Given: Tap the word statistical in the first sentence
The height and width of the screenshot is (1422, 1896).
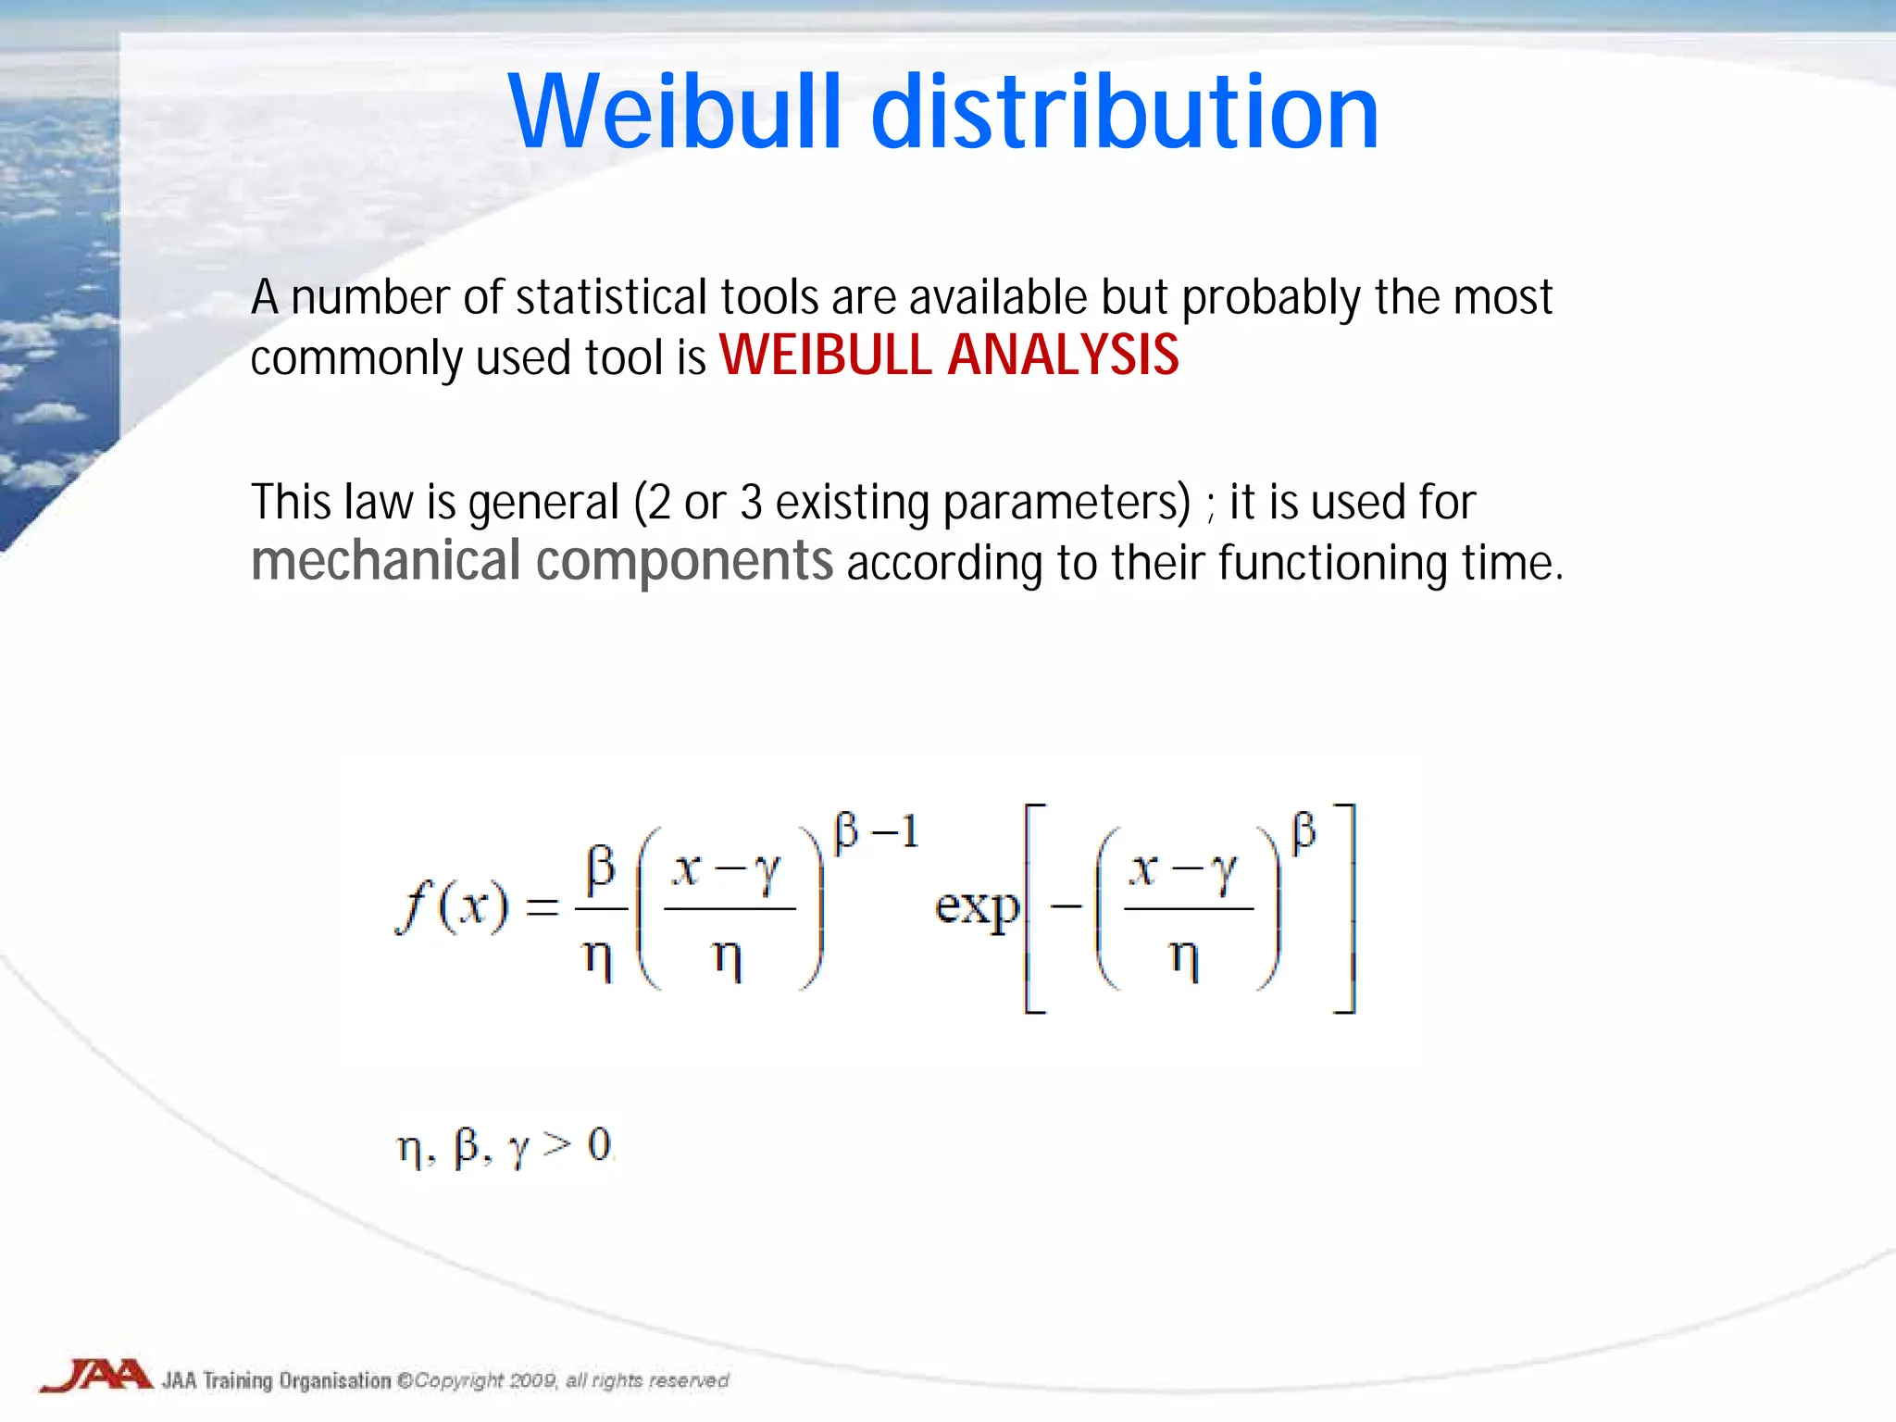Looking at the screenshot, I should click(612, 298).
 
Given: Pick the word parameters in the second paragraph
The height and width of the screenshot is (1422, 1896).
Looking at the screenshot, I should click(1065, 504).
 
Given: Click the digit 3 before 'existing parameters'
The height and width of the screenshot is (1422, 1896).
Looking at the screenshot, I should click(751, 503).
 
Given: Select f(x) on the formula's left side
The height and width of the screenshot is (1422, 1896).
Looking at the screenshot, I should click(452, 907).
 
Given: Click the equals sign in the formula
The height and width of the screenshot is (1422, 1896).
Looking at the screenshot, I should click(543, 907).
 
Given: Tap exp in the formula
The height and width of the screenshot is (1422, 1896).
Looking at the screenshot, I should click(976, 907).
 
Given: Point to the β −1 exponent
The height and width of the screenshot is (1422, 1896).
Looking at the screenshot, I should click(875, 830).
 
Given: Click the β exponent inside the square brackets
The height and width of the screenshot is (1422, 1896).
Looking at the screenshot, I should click(1303, 830).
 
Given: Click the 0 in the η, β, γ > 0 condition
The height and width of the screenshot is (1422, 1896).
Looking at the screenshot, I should click(599, 1145).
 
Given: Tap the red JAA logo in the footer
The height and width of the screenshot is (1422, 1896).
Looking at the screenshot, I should click(96, 1375).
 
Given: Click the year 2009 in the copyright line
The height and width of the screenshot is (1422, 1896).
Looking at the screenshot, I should click(531, 1381).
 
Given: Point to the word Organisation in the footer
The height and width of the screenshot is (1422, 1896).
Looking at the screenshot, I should click(334, 1381).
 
